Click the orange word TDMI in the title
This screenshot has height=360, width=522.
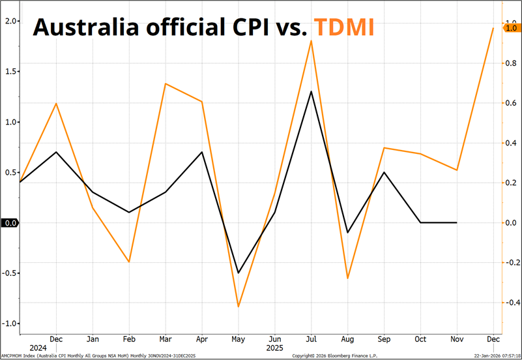(343, 27)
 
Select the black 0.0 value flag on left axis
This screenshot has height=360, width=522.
(9, 223)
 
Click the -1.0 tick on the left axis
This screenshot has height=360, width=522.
(9, 323)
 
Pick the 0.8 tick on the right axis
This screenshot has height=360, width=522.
(512, 63)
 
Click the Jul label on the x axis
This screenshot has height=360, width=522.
(312, 339)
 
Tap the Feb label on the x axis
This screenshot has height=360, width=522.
(129, 339)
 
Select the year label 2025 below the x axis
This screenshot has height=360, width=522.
(275, 348)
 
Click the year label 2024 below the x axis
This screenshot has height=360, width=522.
(38, 348)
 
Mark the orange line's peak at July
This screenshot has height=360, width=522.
(312, 40)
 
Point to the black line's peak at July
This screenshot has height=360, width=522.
(312, 91)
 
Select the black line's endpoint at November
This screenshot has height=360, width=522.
(457, 222)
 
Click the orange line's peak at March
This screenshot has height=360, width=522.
(166, 83)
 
